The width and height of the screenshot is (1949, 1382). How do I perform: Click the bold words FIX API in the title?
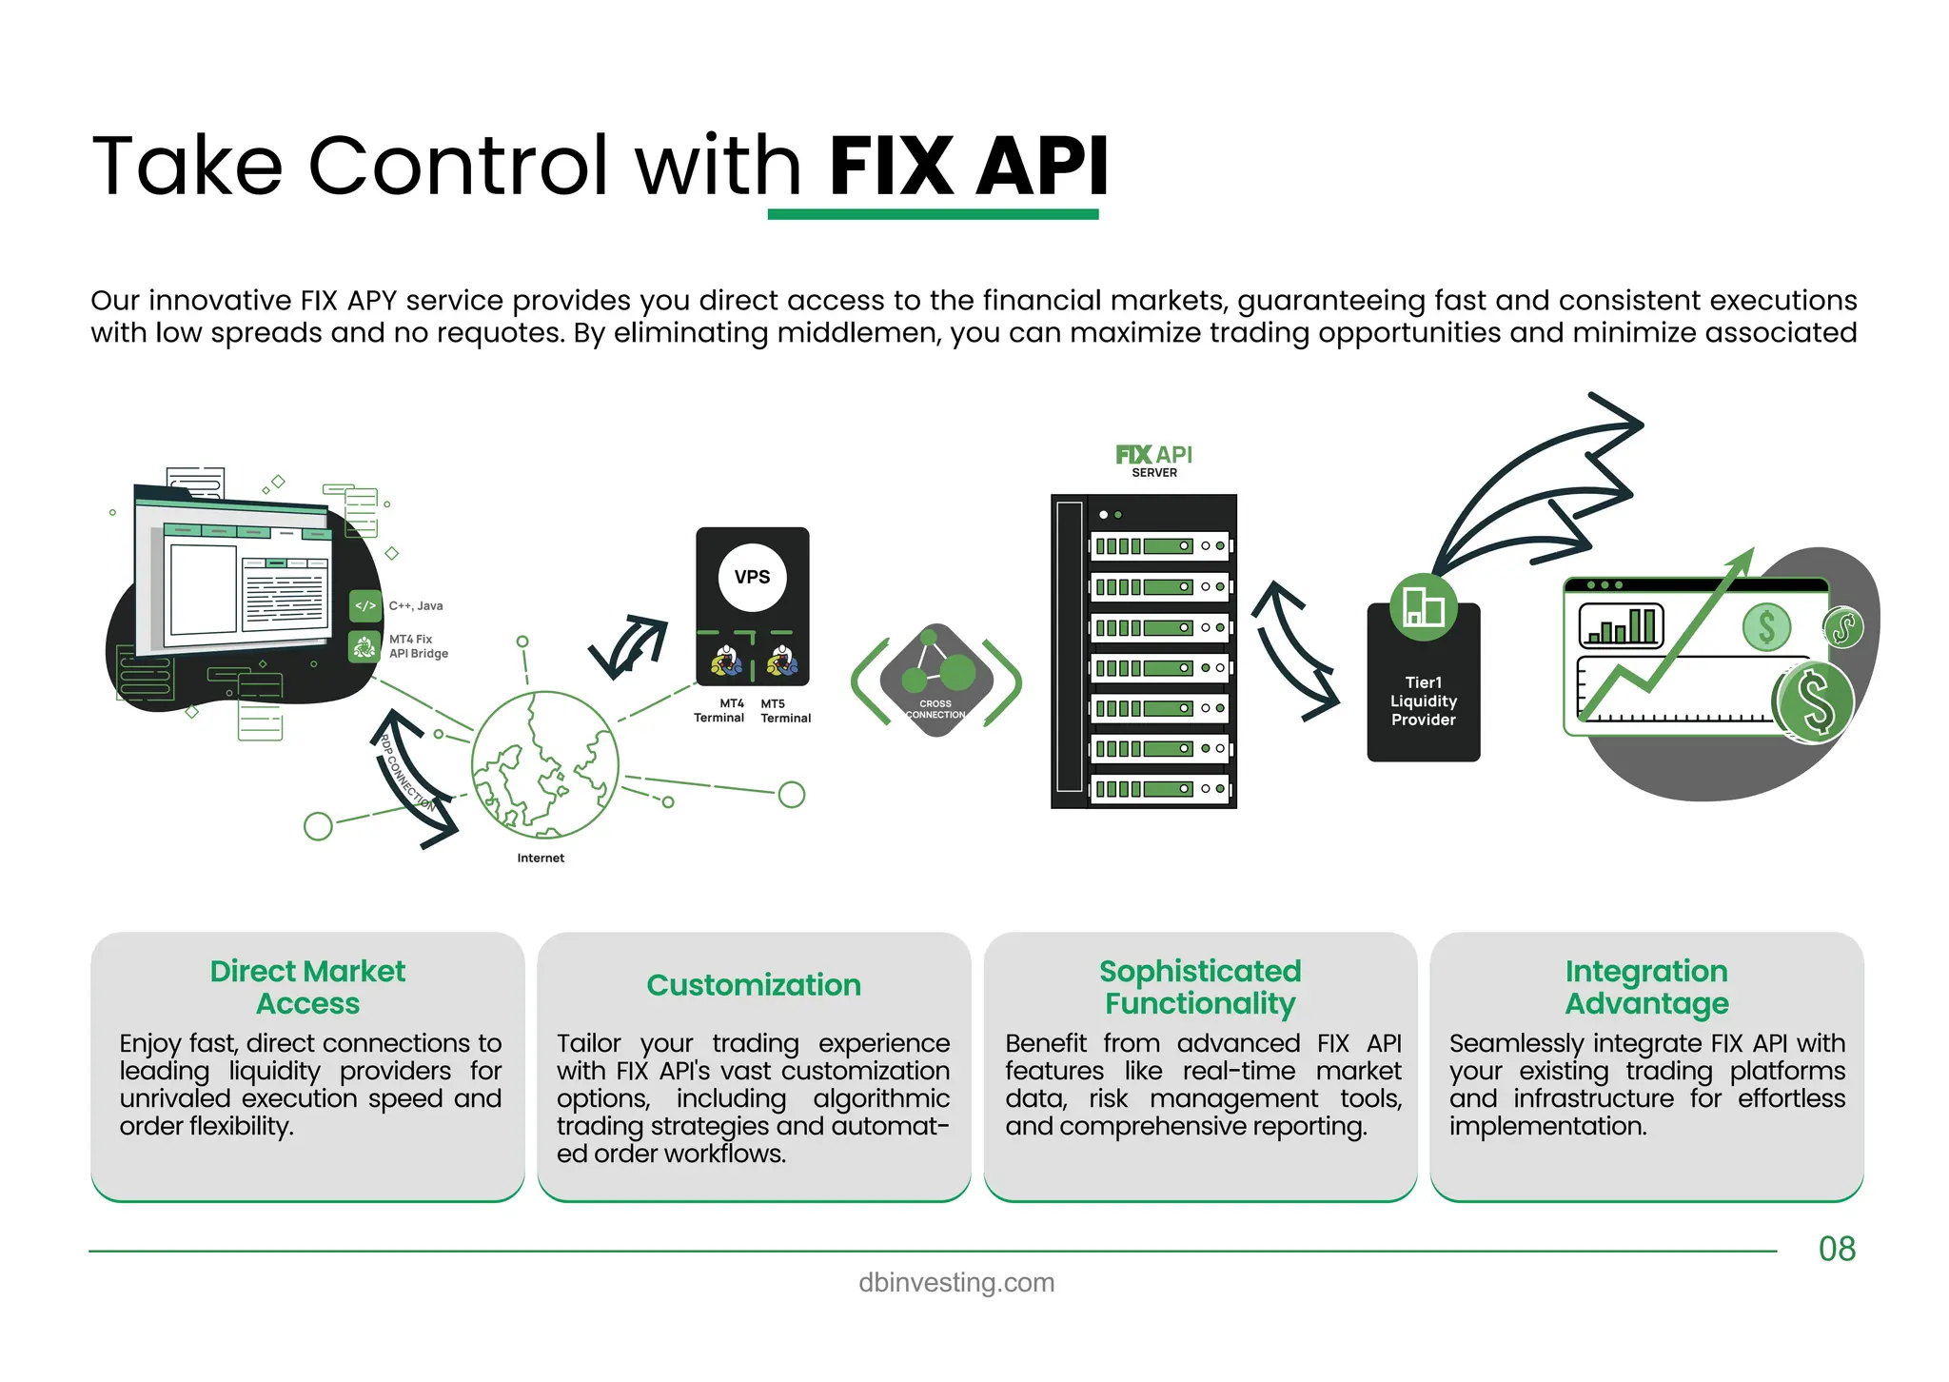968,167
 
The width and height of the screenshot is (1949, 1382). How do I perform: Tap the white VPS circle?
752,577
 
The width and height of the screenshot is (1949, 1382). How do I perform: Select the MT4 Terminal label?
719,711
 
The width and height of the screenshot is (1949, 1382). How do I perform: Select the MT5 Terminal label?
785,711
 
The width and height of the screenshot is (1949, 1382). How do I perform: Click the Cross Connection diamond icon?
936,680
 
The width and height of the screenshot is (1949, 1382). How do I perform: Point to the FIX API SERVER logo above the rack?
1153,461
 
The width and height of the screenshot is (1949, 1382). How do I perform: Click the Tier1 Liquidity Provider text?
1423,701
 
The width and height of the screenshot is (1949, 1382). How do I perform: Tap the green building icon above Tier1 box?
1423,607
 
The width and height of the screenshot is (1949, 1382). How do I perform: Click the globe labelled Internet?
544,765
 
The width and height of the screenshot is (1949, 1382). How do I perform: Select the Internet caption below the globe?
541,858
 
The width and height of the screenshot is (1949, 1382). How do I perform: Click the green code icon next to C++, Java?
365,605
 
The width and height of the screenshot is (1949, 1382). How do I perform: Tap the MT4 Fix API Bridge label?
418,646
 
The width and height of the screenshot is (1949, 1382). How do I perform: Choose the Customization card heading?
753,984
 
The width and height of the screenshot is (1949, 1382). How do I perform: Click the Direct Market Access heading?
307,987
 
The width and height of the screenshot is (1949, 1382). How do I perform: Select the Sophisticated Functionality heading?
1200,987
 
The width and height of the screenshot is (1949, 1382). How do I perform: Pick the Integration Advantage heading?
1646,987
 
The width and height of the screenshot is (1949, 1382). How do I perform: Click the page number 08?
1836,1249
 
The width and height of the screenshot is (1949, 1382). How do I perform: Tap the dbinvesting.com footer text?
956,1282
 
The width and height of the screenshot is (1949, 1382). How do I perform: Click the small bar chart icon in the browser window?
1621,626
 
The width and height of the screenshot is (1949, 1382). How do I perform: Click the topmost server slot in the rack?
1159,546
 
